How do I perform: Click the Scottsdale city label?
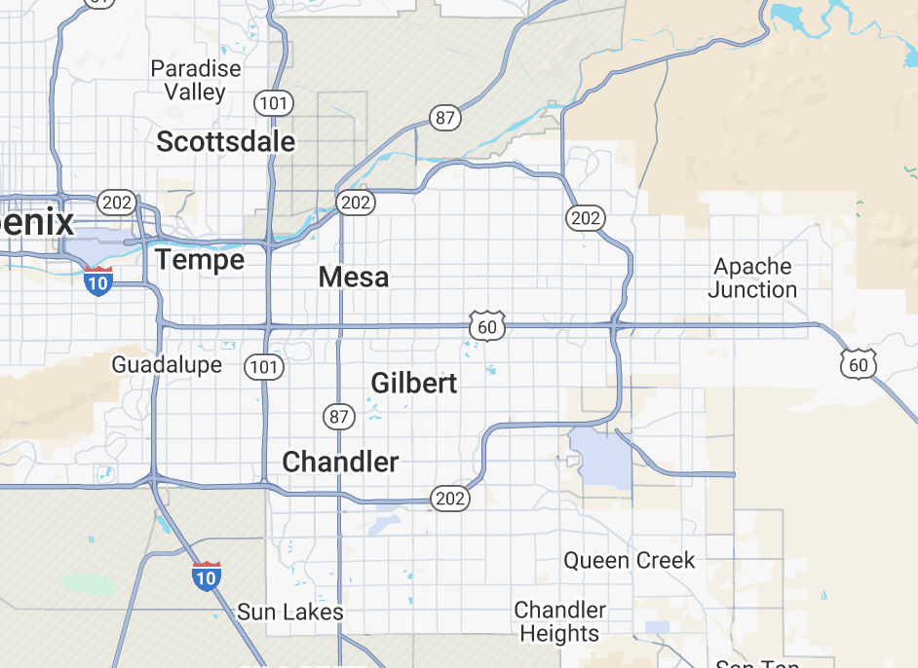coord(225,142)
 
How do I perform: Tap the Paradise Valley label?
coord(195,81)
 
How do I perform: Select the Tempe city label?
coord(200,260)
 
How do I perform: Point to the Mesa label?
coord(353,278)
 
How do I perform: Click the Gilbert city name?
coord(413,384)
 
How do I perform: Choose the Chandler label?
coord(340,462)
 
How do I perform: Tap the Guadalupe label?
coord(167,365)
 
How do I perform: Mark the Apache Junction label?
coord(752,278)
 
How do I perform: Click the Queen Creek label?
coord(630,560)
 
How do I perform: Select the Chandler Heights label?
coord(559,621)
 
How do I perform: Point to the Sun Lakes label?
coord(290,612)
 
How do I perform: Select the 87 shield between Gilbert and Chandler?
coord(338,417)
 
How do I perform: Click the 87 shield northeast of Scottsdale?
coord(445,119)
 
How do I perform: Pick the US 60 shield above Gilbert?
coord(486,327)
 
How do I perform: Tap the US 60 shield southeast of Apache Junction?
coord(858,365)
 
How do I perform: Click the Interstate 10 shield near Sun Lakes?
coord(206,576)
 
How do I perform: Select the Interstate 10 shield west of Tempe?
coord(97,281)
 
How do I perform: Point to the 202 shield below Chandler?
coord(450,499)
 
